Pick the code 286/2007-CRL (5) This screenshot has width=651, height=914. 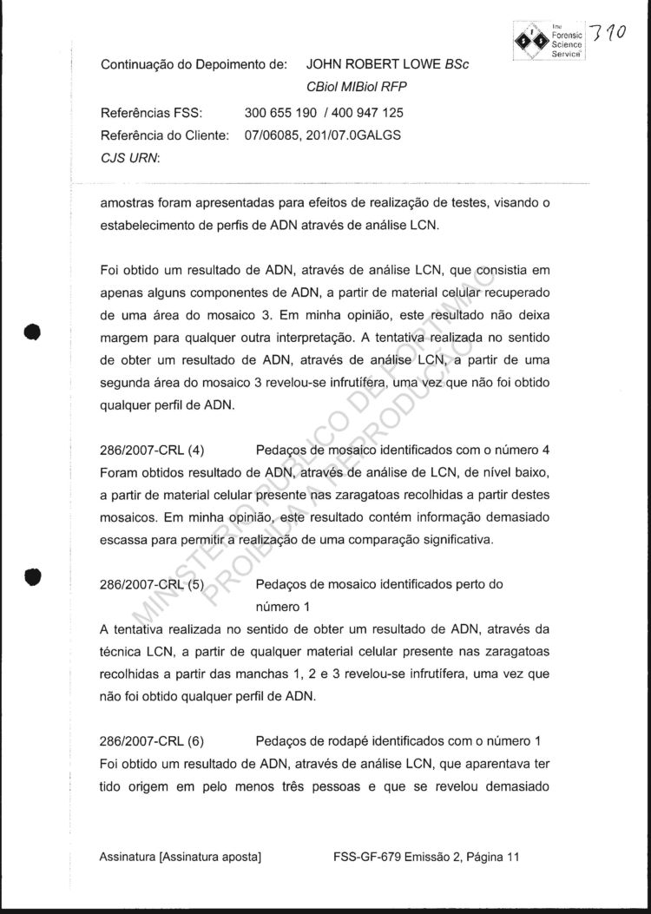[x=152, y=585]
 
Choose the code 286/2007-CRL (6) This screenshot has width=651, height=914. [x=152, y=740]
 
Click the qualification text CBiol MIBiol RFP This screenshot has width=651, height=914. [x=357, y=87]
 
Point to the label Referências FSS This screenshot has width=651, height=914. [x=152, y=113]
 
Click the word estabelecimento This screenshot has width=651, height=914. [x=152, y=228]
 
